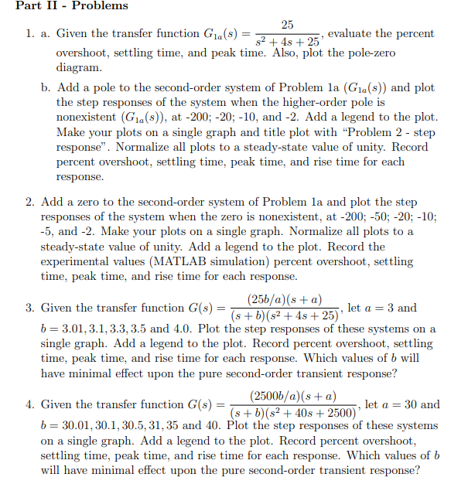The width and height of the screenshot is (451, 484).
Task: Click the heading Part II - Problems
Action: (65, 6)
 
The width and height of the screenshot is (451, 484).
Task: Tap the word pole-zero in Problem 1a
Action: (367, 53)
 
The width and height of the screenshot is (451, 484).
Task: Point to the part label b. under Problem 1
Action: (46, 87)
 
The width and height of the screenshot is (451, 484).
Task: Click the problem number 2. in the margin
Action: (29, 203)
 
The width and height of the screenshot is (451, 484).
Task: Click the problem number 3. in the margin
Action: (29, 308)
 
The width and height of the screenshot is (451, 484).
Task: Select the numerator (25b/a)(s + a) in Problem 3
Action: (285, 298)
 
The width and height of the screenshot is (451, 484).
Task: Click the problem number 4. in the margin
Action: (29, 405)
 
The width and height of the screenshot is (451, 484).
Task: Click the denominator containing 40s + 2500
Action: (291, 413)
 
